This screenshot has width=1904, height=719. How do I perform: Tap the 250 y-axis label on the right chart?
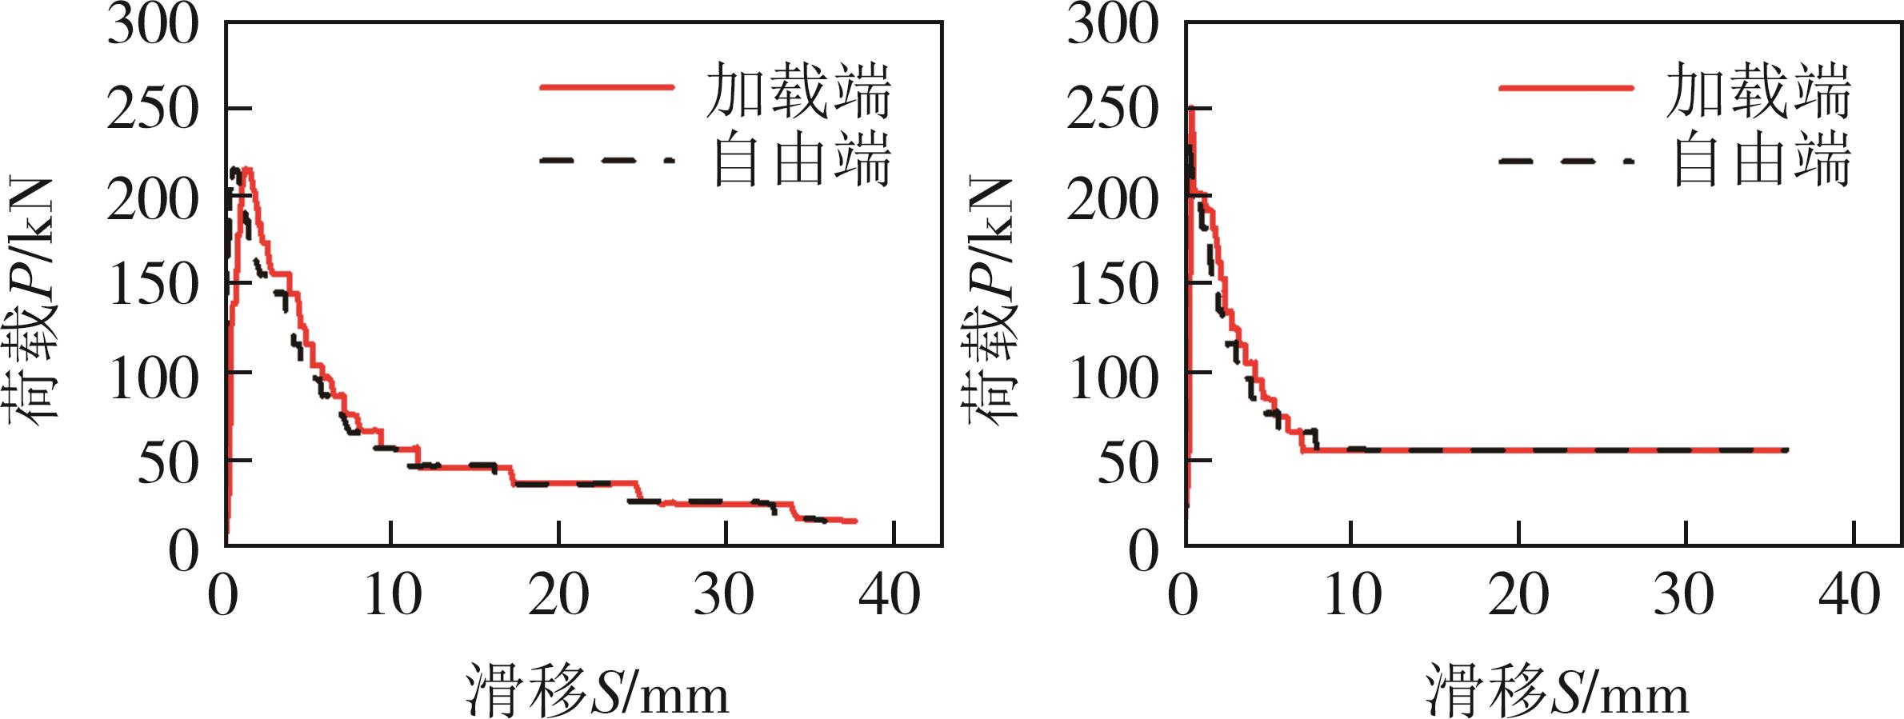[1112, 110]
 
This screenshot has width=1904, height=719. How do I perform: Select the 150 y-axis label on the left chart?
[152, 286]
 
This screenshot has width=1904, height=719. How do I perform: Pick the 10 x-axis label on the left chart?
[392, 596]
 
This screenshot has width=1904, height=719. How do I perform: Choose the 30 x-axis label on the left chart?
[724, 596]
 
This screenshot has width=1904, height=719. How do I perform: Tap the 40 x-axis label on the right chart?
[1850, 596]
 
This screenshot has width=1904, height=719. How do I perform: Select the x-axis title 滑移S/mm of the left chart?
[597, 690]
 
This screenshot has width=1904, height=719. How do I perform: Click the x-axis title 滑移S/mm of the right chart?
[1557, 690]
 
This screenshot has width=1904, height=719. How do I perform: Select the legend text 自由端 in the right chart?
[1762, 160]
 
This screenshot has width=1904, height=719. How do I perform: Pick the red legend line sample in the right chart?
[1566, 86]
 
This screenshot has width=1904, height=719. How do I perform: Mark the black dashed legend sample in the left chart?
[606, 160]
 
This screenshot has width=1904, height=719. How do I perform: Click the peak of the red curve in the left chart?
[248, 169]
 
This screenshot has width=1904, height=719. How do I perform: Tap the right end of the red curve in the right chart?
[1786, 450]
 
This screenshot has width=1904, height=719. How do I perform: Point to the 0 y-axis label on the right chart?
[1143, 552]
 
